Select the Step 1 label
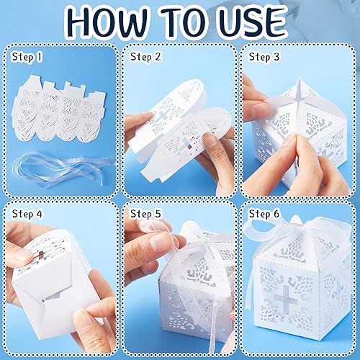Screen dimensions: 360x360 coord(26,55)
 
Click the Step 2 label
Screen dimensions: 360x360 coord(145,55)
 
